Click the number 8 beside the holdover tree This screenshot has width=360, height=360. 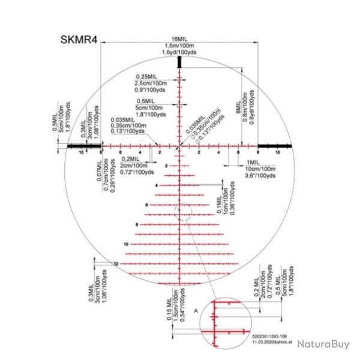coord(137,224)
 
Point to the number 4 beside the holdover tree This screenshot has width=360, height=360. coord(156,185)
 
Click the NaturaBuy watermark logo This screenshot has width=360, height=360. coord(322,344)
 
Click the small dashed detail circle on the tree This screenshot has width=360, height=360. coord(182,211)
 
